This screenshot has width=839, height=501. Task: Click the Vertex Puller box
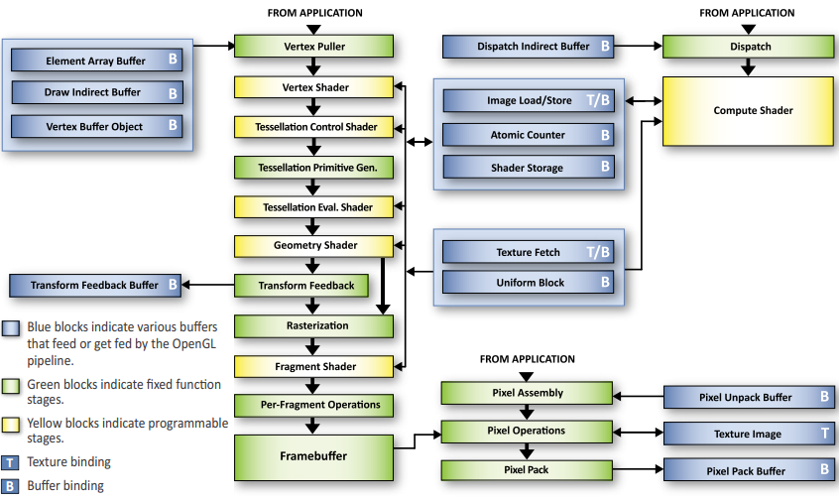pos(313,46)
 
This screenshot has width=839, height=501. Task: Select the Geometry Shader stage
pos(313,245)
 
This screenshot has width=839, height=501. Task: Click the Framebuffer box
pos(313,455)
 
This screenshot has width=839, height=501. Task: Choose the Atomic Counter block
pos(528,135)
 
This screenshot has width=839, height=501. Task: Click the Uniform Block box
pos(528,283)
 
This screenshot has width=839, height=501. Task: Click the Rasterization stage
pos(313,325)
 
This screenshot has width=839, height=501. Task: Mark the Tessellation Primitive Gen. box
pos(313,168)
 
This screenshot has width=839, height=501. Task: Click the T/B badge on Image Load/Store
pos(599,100)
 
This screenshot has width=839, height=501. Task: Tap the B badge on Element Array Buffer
pos(173,61)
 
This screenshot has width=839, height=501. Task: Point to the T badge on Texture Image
pos(825,434)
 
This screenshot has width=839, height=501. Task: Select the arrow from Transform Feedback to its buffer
pos(209,286)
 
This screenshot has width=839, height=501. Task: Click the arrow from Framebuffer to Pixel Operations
pos(417,441)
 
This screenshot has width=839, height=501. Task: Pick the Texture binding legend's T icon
pos(10,461)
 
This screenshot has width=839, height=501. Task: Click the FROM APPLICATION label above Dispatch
pos(747,13)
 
